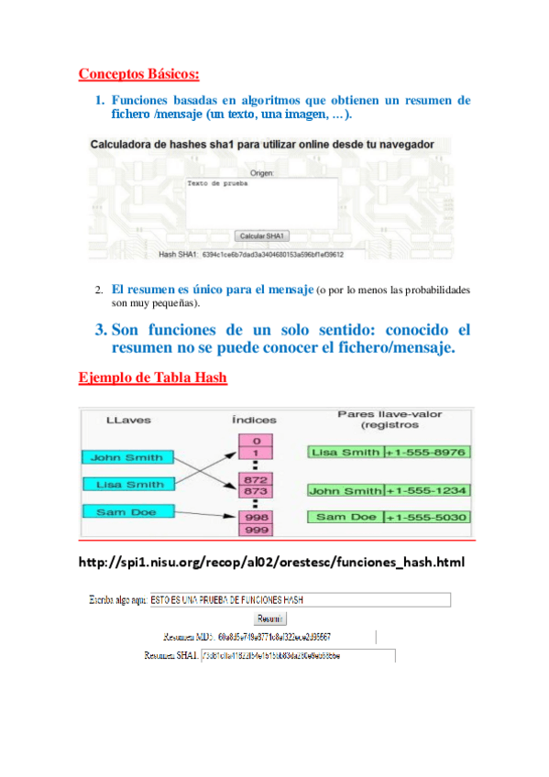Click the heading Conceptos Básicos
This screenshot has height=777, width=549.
click(138, 73)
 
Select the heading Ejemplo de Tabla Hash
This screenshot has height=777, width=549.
click(153, 377)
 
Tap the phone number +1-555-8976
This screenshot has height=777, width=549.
click(426, 452)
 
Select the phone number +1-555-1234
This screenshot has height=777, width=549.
click(426, 491)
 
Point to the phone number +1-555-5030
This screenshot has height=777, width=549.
click(426, 518)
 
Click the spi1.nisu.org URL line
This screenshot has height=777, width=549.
click(272, 561)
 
